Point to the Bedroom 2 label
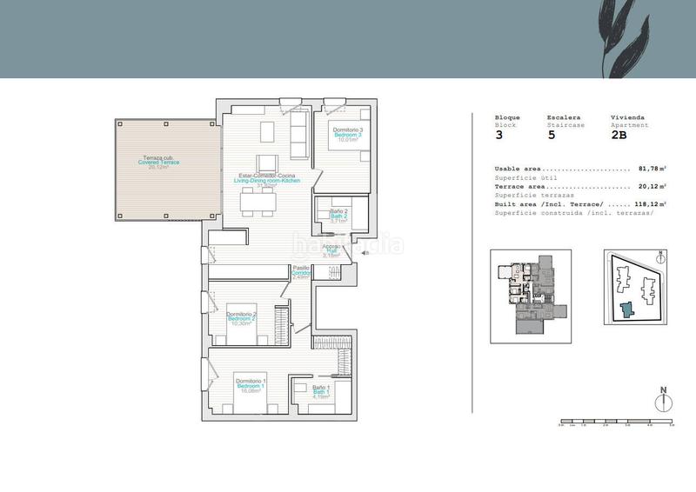point(240,319)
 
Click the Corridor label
point(301,273)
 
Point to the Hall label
point(331,251)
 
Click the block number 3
point(499,136)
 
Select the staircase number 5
point(551,136)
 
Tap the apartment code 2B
point(619,136)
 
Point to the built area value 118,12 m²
point(648,203)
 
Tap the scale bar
point(616,422)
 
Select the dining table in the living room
point(258,202)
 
